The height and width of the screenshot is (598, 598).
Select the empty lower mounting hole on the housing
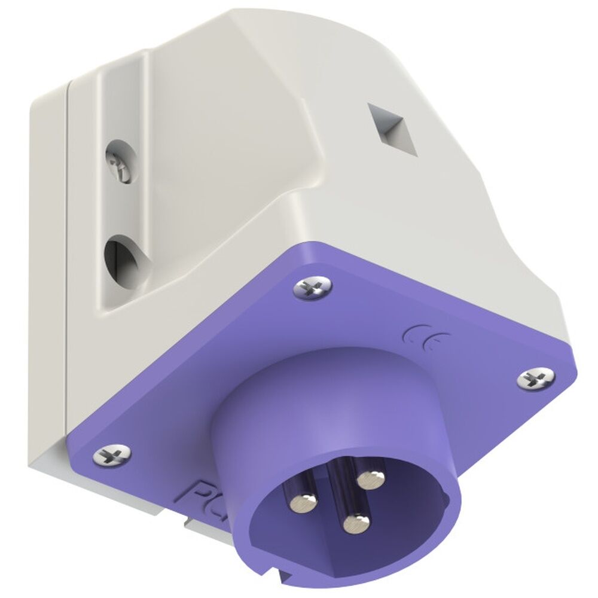point(118,256)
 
